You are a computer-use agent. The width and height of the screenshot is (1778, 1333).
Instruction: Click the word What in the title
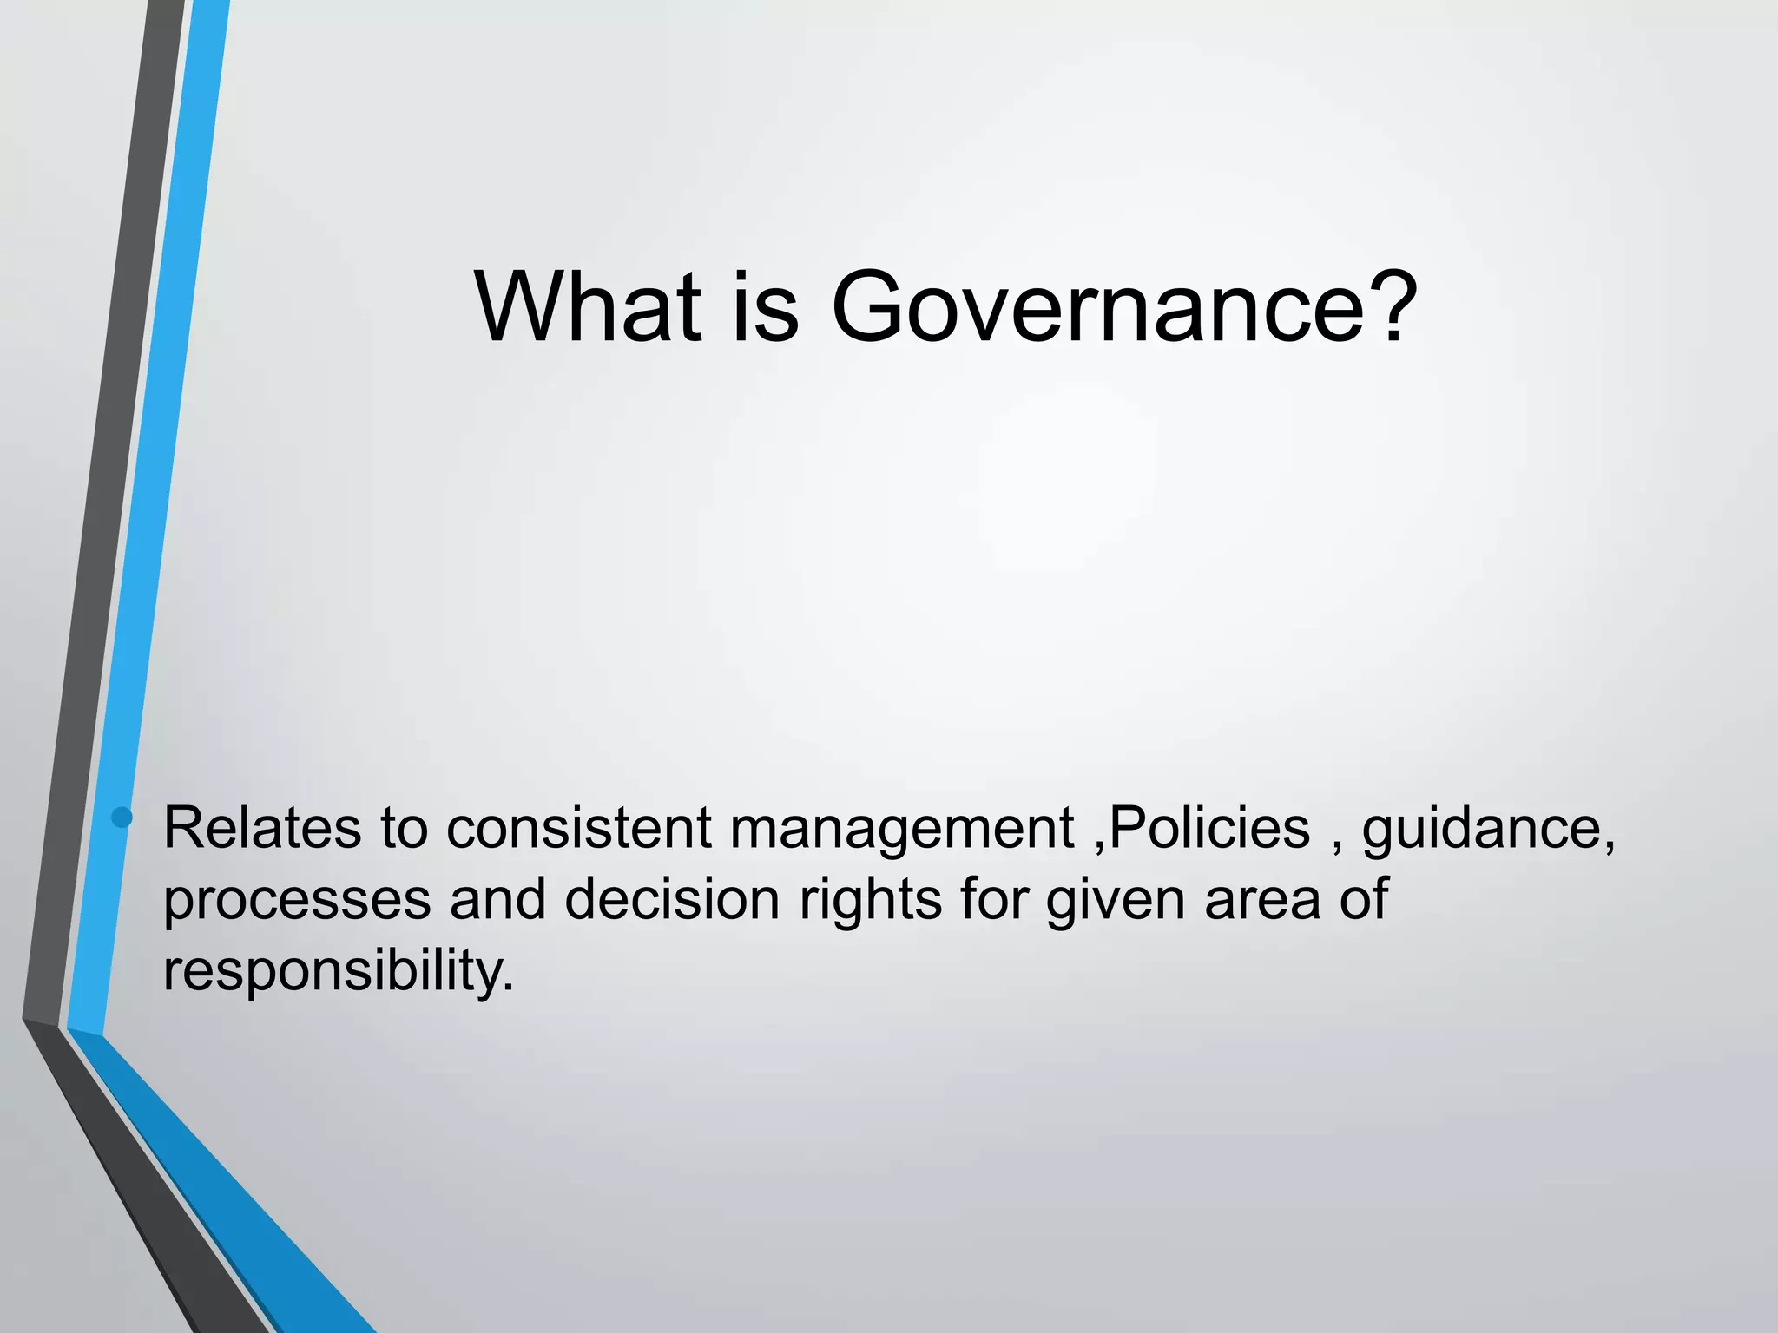click(588, 307)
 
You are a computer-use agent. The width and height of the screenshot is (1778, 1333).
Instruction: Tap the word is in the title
click(765, 307)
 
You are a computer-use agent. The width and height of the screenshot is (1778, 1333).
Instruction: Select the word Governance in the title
click(1099, 307)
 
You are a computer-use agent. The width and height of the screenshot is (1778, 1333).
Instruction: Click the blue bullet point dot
click(122, 818)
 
